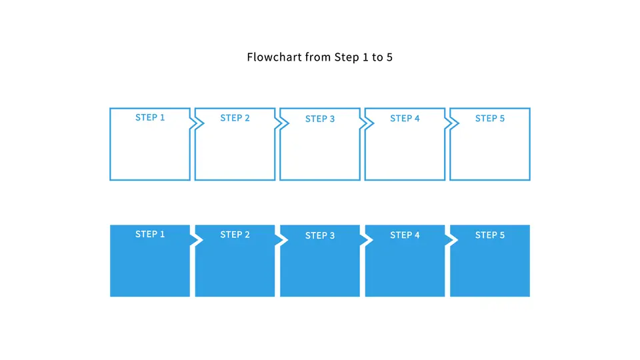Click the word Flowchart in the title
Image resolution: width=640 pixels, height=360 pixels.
click(274, 57)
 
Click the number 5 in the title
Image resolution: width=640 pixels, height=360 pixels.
click(389, 57)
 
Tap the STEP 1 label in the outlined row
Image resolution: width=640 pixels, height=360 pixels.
click(150, 117)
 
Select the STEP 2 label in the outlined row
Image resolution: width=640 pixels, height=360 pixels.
click(235, 118)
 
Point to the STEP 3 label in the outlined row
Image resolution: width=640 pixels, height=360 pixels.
click(320, 119)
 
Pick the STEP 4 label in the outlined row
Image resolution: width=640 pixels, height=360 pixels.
click(405, 119)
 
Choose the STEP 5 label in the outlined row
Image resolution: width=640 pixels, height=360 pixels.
click(490, 119)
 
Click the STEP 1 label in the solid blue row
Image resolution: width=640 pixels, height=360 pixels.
click(150, 234)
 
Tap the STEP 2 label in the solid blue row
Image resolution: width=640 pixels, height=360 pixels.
click(235, 235)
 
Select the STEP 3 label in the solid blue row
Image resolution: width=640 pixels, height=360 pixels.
click(320, 235)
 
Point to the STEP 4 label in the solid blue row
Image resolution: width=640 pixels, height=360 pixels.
click(405, 235)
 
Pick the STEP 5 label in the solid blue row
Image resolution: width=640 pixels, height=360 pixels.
click(490, 235)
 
